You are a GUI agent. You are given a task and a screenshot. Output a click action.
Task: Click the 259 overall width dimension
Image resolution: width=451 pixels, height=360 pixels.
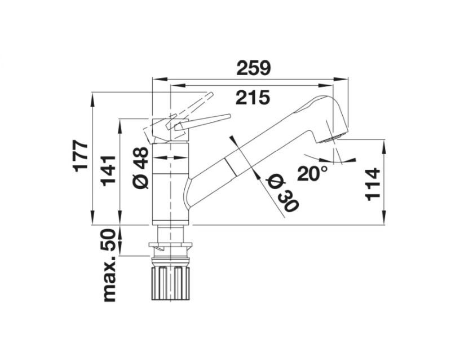[x=253, y=68]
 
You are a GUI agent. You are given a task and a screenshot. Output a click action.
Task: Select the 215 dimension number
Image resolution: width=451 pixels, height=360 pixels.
[x=253, y=98]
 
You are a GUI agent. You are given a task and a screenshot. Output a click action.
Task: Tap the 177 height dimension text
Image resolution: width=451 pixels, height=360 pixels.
[x=80, y=156]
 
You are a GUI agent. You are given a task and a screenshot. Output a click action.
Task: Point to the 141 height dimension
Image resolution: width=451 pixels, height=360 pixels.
[x=108, y=171]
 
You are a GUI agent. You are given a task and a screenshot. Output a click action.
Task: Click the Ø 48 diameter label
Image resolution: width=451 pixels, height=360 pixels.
[x=140, y=168]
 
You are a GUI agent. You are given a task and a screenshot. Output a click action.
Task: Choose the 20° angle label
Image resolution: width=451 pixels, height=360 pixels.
[x=313, y=173]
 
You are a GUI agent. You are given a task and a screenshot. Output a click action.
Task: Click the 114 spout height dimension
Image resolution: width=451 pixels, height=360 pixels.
[x=373, y=185]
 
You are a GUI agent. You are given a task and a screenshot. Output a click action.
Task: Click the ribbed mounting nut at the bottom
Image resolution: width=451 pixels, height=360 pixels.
[x=171, y=283]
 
